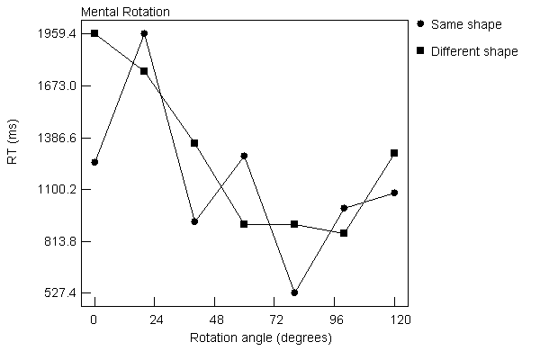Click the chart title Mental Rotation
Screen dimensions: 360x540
point(125,13)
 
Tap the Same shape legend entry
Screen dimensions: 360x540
point(466,24)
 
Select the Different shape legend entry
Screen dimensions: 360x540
point(474,51)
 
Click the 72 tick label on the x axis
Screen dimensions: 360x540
point(274,320)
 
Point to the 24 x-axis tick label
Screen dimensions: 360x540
point(154,320)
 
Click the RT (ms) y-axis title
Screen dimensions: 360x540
point(13,162)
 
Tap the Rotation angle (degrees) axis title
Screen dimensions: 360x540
point(261,338)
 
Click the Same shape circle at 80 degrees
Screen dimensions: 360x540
point(294,292)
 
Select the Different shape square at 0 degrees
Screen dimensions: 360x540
point(94,33)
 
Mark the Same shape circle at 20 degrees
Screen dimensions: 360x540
point(144,33)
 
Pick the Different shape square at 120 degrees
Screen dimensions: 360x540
point(394,153)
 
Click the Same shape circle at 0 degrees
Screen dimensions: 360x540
point(94,162)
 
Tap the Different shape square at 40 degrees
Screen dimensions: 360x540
point(194,143)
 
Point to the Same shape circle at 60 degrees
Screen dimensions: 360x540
point(244,156)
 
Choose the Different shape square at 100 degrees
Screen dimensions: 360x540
point(344,233)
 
